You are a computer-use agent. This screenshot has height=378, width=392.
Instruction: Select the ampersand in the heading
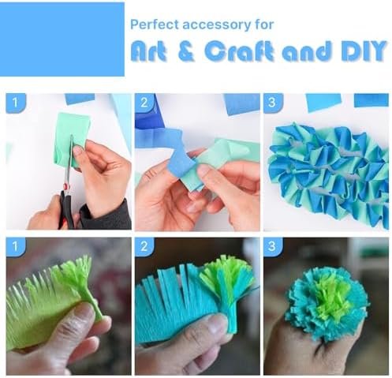pyautogui.click(x=186, y=51)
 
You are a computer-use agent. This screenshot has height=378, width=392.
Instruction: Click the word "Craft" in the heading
pyautogui.click(x=238, y=51)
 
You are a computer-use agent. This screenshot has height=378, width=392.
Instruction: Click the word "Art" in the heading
pyautogui.click(x=148, y=51)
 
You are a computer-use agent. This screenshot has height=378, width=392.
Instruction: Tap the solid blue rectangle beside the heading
pyautogui.click(x=62, y=39)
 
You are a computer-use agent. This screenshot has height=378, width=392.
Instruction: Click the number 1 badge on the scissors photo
pyautogui.click(x=16, y=103)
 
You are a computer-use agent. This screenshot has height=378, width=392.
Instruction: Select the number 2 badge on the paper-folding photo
pyautogui.click(x=144, y=103)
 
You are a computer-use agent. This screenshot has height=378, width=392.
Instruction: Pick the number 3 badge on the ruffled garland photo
pyautogui.click(x=273, y=103)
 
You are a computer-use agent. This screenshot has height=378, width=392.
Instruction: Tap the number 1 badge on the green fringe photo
pyautogui.click(x=16, y=246)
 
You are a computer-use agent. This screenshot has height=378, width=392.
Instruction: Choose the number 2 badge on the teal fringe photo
pyautogui.click(x=144, y=246)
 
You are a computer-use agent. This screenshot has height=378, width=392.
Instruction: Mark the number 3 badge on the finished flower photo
pyautogui.click(x=273, y=246)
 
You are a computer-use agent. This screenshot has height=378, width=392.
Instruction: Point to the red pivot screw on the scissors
pyautogui.click(x=66, y=186)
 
